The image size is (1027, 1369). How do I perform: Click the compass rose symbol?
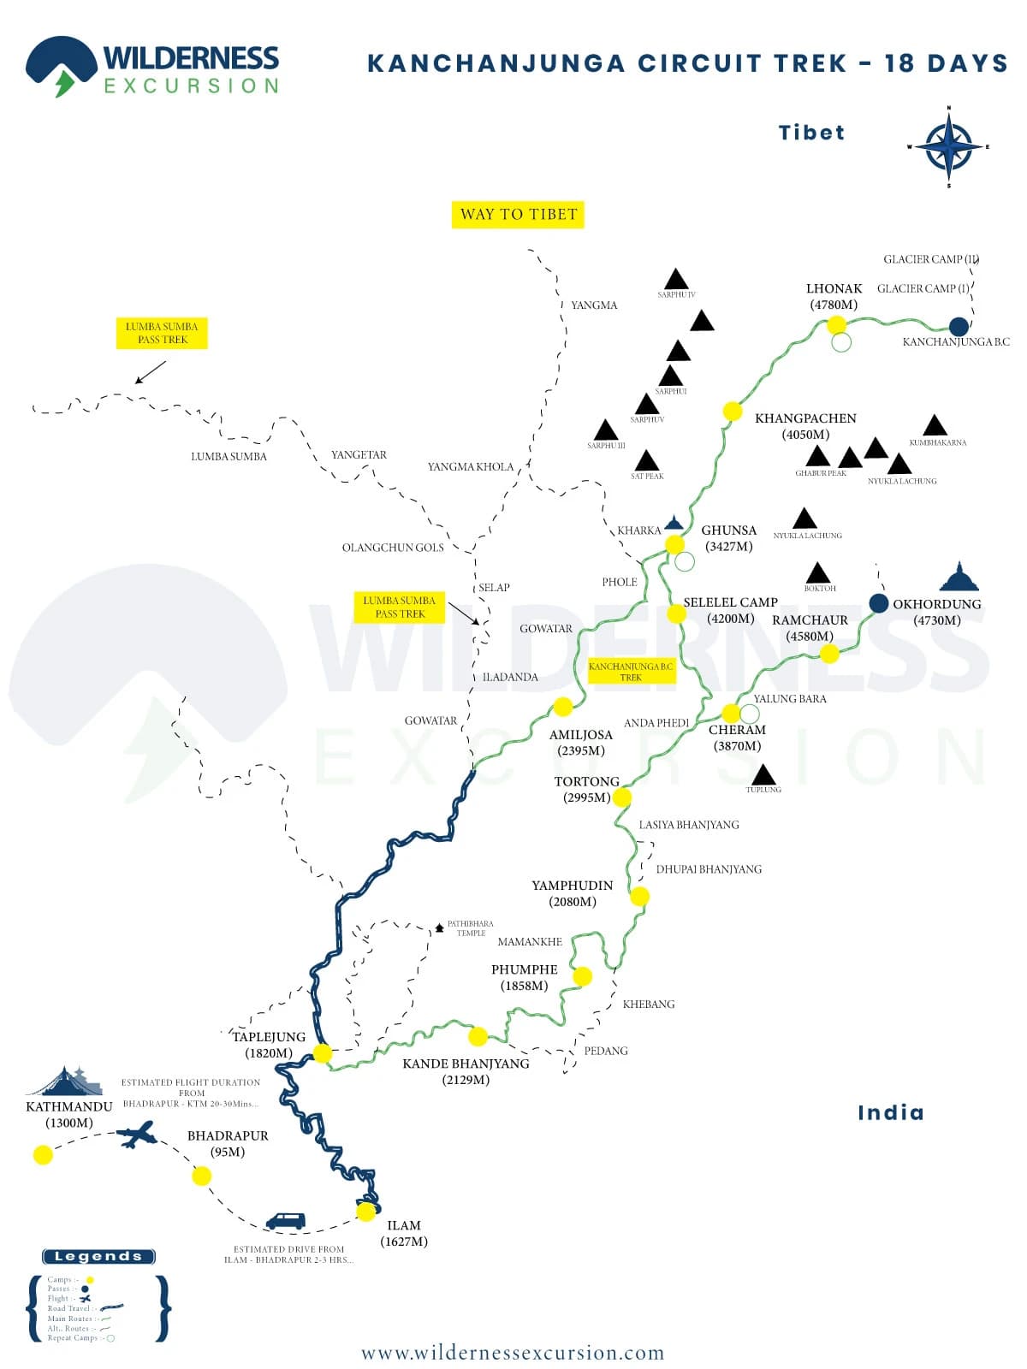[x=948, y=146]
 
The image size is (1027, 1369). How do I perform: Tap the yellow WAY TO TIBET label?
[x=518, y=214]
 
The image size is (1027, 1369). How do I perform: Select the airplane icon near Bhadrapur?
[x=137, y=1136]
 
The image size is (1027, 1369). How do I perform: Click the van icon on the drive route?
[x=285, y=1221]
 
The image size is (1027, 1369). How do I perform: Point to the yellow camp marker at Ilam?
[x=366, y=1212]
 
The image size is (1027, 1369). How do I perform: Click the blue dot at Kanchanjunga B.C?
[x=959, y=326]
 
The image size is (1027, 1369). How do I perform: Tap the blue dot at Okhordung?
[x=878, y=603]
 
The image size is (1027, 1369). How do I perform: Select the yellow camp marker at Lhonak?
[x=836, y=324]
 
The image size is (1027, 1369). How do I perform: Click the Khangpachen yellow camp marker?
[x=733, y=412]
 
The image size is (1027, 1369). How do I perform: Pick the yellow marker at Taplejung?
[x=323, y=1053]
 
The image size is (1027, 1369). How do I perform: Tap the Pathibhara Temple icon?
[x=439, y=927]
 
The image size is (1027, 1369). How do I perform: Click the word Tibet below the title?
[x=811, y=133]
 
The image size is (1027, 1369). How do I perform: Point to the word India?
[x=890, y=1112]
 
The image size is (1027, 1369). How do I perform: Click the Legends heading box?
[x=98, y=1256]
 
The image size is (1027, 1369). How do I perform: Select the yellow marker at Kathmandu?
[x=43, y=1155]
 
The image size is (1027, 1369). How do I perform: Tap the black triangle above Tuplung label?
[x=763, y=775]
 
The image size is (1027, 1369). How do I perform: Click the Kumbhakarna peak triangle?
[x=935, y=425]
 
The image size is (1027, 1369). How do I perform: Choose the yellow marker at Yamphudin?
[x=639, y=896]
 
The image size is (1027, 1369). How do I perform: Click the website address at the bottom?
[x=513, y=1353]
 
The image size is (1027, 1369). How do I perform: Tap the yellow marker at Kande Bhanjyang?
[x=478, y=1036]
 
